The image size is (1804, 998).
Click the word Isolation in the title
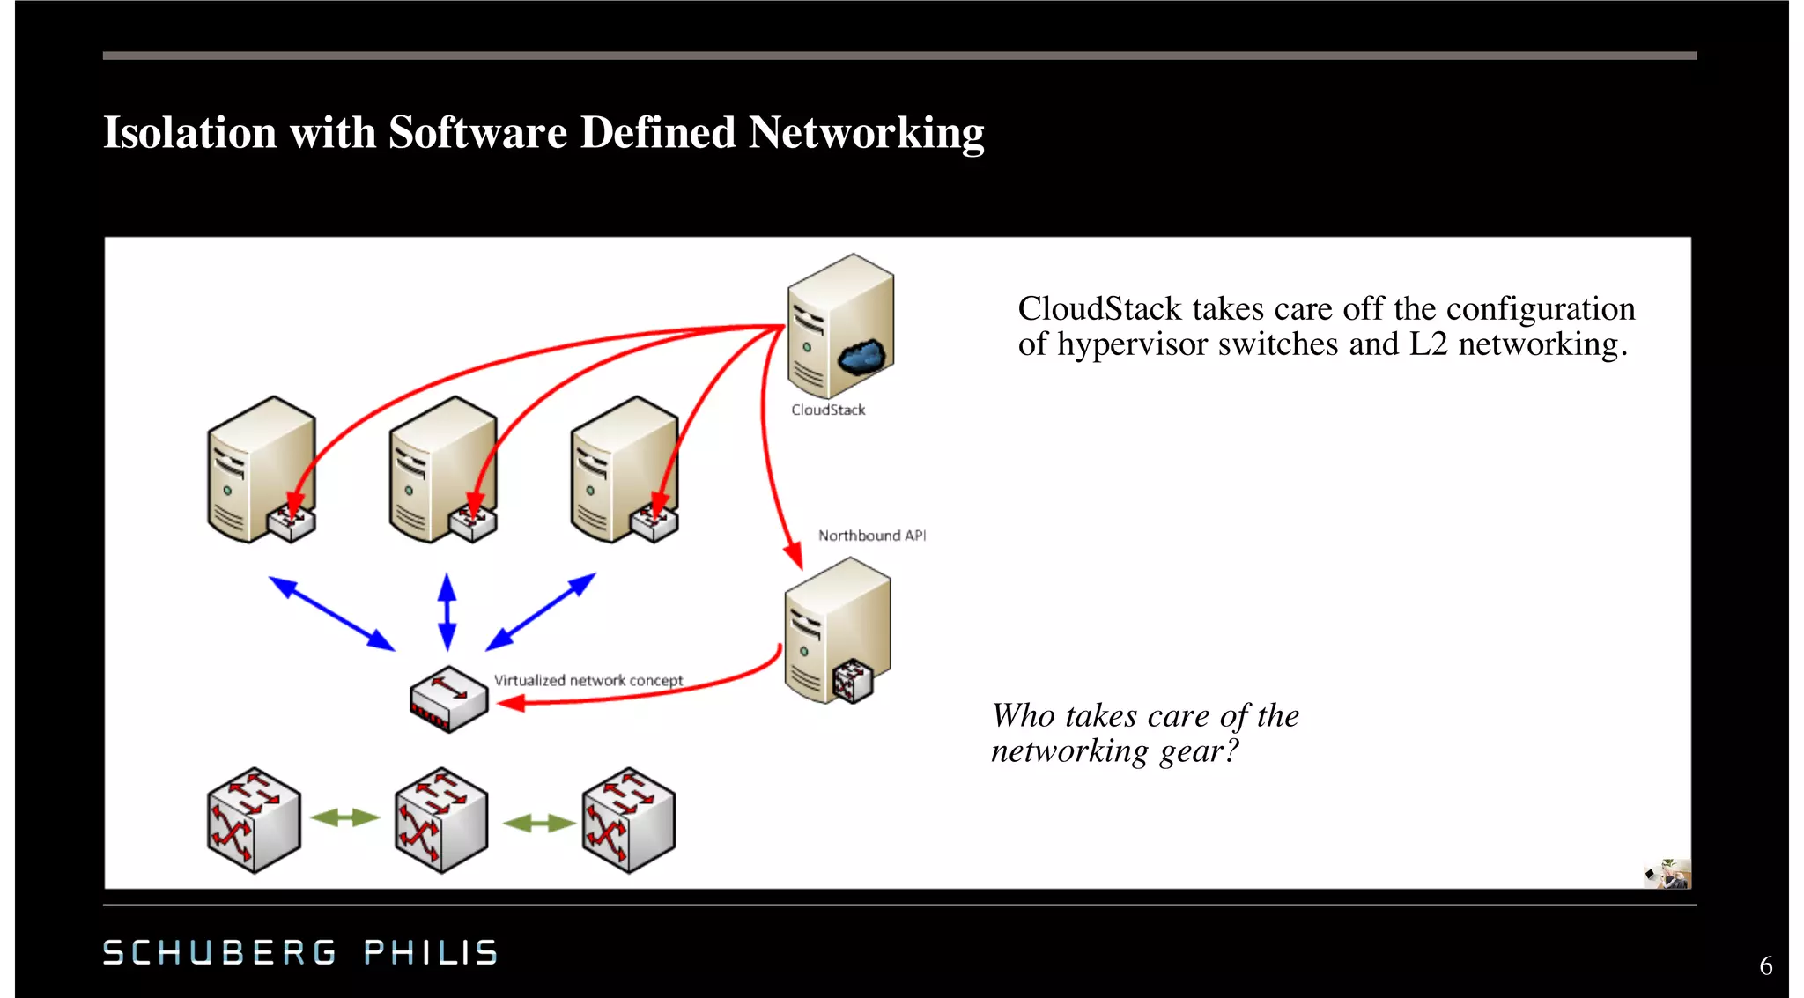click(x=189, y=133)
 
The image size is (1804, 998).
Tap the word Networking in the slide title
click(x=866, y=133)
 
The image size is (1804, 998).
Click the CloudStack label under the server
click(x=828, y=410)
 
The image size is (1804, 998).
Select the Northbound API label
click(x=871, y=536)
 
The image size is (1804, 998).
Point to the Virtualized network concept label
click(x=588, y=680)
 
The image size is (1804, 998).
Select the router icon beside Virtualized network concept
click(x=448, y=699)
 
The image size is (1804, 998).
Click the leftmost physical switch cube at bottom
click(x=254, y=820)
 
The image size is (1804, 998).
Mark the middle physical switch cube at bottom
click(x=441, y=820)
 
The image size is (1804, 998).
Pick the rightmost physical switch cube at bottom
click(x=629, y=820)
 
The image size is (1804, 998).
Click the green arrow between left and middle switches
click(x=346, y=818)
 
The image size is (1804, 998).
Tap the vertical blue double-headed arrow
click(x=447, y=611)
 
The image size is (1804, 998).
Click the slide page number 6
click(x=1765, y=966)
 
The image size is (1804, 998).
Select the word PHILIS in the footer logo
click(x=431, y=952)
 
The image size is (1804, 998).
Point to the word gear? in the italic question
click(x=1199, y=751)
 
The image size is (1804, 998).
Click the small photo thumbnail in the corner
click(x=1667, y=874)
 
